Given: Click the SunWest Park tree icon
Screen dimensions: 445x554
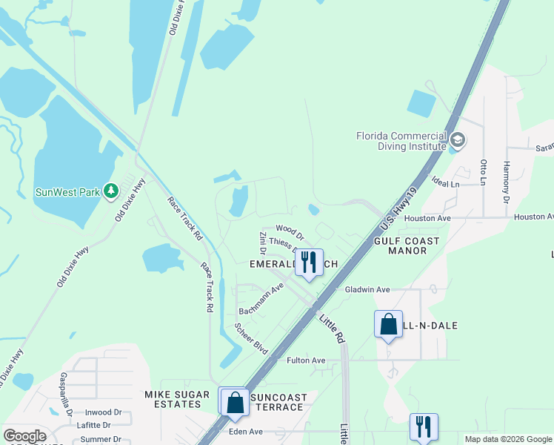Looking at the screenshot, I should tap(111, 191).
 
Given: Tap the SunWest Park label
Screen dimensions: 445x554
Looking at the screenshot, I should tap(67, 192).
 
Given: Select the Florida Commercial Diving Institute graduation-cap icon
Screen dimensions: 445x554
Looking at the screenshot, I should tap(458, 140).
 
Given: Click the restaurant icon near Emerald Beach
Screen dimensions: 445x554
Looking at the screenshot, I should tap(309, 262).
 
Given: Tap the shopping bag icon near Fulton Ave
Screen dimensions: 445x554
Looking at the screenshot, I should tap(388, 324).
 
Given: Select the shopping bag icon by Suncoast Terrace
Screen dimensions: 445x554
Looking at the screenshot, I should tap(235, 402).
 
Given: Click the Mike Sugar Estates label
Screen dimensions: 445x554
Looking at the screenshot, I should tap(173, 399).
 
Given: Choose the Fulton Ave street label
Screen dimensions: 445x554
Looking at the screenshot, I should tap(306, 360).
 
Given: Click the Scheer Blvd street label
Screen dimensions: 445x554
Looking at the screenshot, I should tap(251, 338).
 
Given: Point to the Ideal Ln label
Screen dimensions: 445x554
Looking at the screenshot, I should tap(444, 183).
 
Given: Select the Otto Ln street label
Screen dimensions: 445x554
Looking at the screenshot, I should tap(483, 171).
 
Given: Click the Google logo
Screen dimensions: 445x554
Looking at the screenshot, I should tap(24, 435).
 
